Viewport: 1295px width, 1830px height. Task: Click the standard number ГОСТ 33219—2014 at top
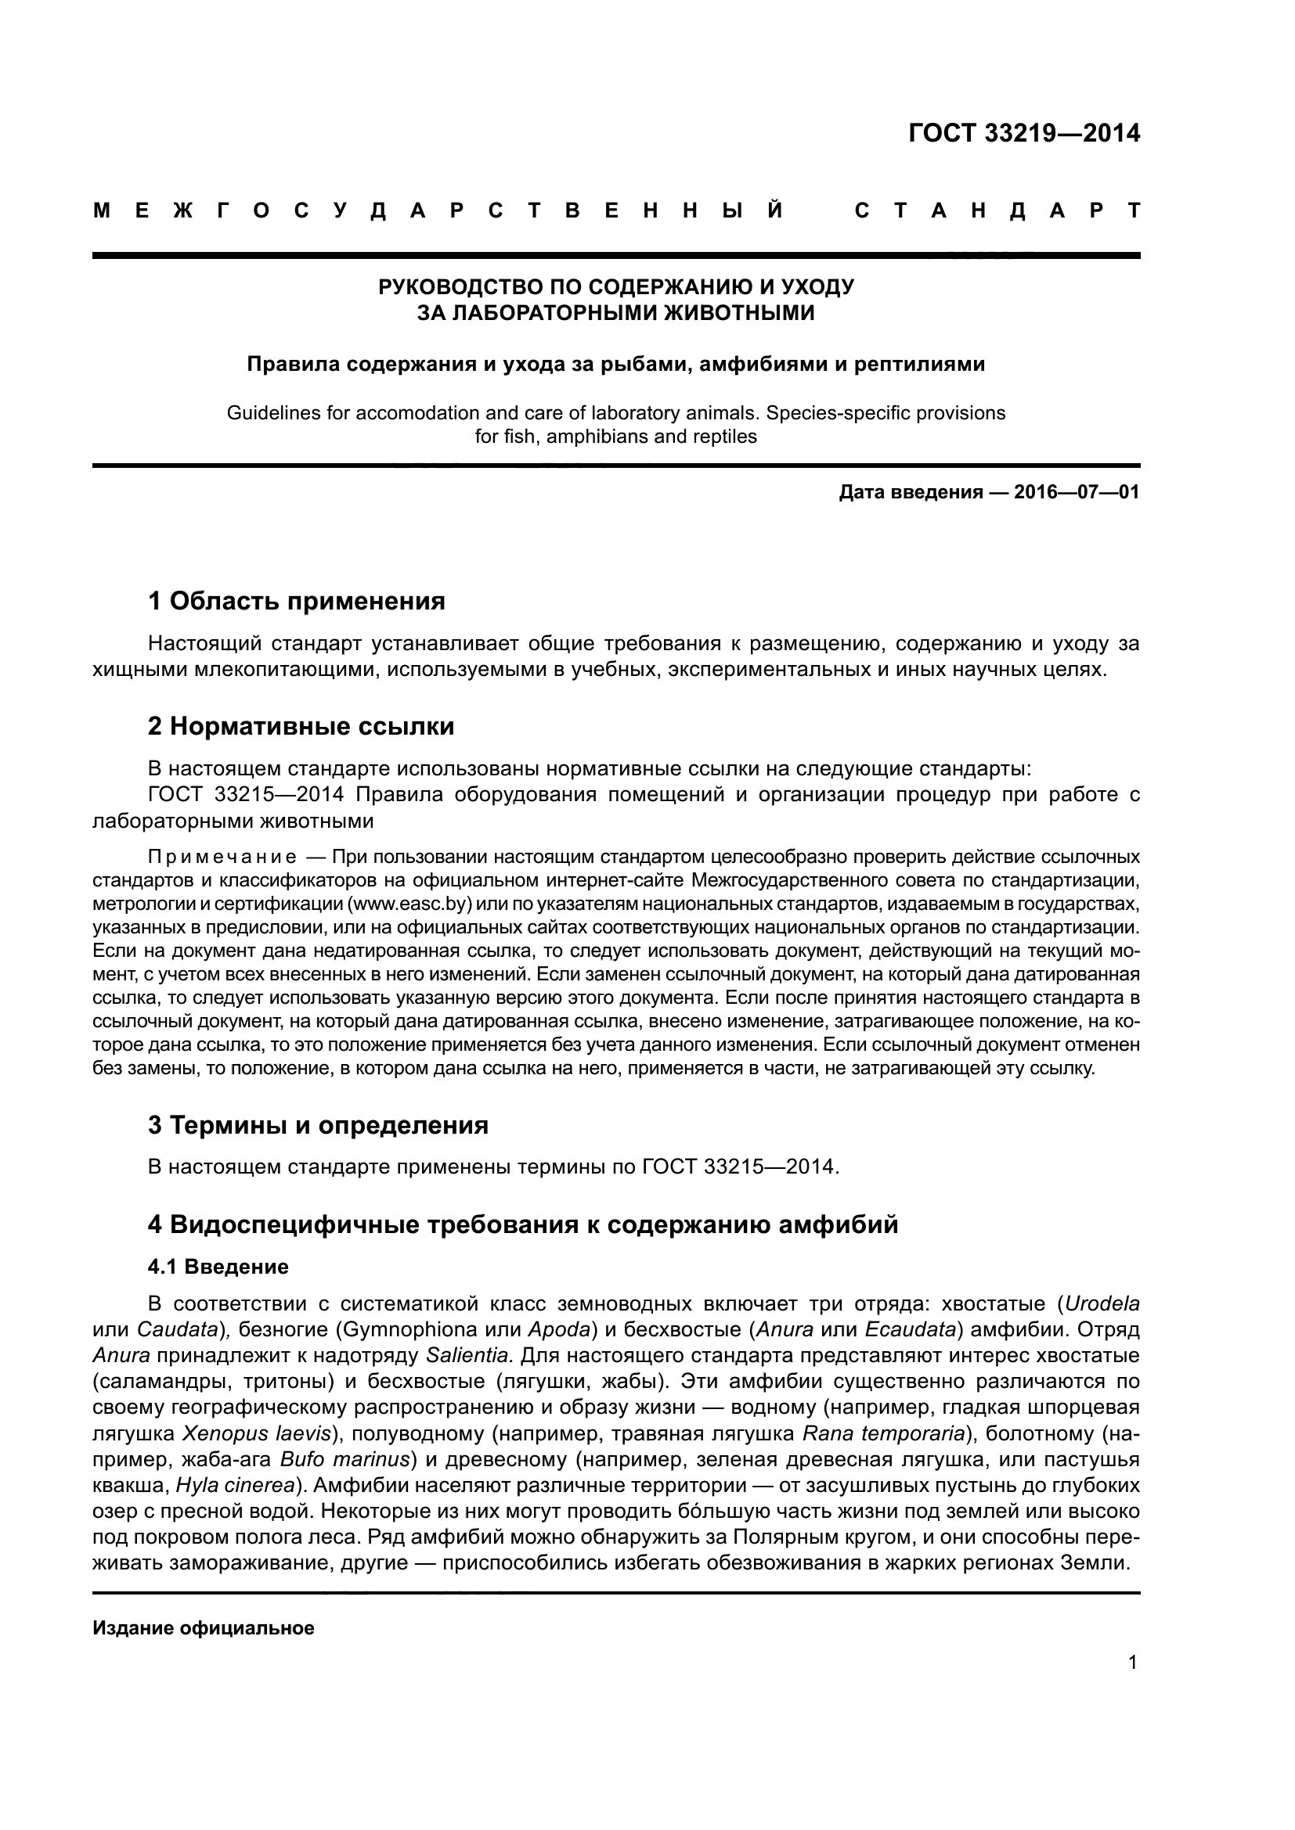[x=1024, y=133]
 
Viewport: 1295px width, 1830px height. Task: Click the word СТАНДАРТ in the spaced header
[x=997, y=211]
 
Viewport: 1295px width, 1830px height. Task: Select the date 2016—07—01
[x=1076, y=492]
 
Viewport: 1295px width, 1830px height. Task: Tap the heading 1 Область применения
[x=297, y=601]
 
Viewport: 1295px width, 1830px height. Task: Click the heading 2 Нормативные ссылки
[x=301, y=726]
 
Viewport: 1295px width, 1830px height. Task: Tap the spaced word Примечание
[x=222, y=857]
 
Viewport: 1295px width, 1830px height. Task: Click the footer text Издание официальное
[x=204, y=1628]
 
